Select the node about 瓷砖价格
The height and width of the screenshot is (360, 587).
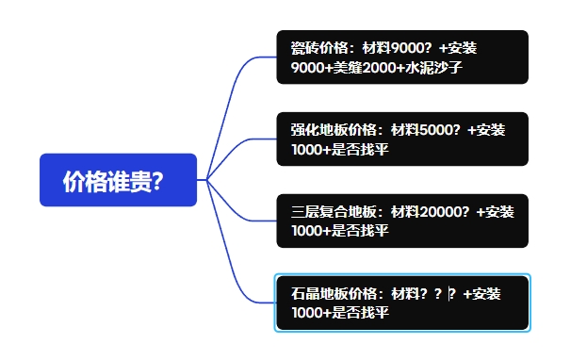pyautogui.click(x=401, y=57)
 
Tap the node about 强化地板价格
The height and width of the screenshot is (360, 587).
pyautogui.click(x=401, y=139)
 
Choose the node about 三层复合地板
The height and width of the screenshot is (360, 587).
pyautogui.click(x=401, y=221)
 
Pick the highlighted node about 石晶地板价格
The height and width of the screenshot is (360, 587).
pyautogui.click(x=401, y=303)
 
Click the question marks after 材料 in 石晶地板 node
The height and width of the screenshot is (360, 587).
pyautogui.click(x=437, y=294)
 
